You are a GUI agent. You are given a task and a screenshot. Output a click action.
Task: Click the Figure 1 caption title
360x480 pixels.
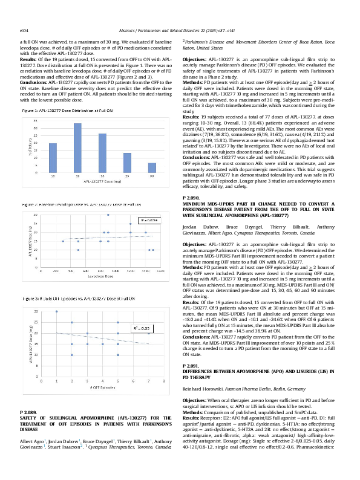(62, 112)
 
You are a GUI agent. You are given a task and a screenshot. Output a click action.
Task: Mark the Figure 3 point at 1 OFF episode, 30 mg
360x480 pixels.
(56, 311)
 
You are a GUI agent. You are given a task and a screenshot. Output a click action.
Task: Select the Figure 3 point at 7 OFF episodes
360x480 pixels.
(149, 333)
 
